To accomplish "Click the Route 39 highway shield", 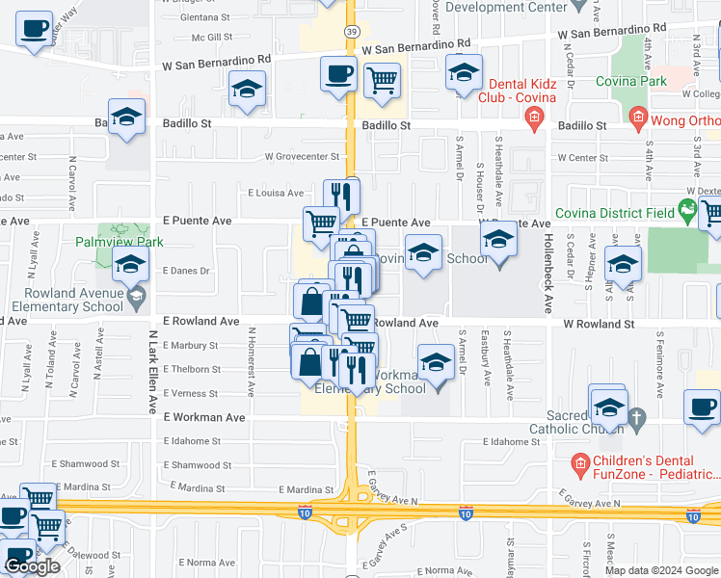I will (x=353, y=32).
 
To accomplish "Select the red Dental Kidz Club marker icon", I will (x=534, y=118).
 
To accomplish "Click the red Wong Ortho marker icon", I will (x=637, y=118).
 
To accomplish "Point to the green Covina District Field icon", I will (x=687, y=207).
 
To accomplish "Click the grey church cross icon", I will (x=635, y=418).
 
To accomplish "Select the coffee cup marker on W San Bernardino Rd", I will (x=338, y=73).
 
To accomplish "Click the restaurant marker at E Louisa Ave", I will (x=341, y=196).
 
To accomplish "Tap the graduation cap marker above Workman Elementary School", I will (x=436, y=363).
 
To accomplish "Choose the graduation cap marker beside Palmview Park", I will (x=130, y=263).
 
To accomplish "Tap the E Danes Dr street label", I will (x=186, y=272).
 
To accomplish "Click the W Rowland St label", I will (x=599, y=324).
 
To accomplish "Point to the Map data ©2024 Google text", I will (x=660, y=570).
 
